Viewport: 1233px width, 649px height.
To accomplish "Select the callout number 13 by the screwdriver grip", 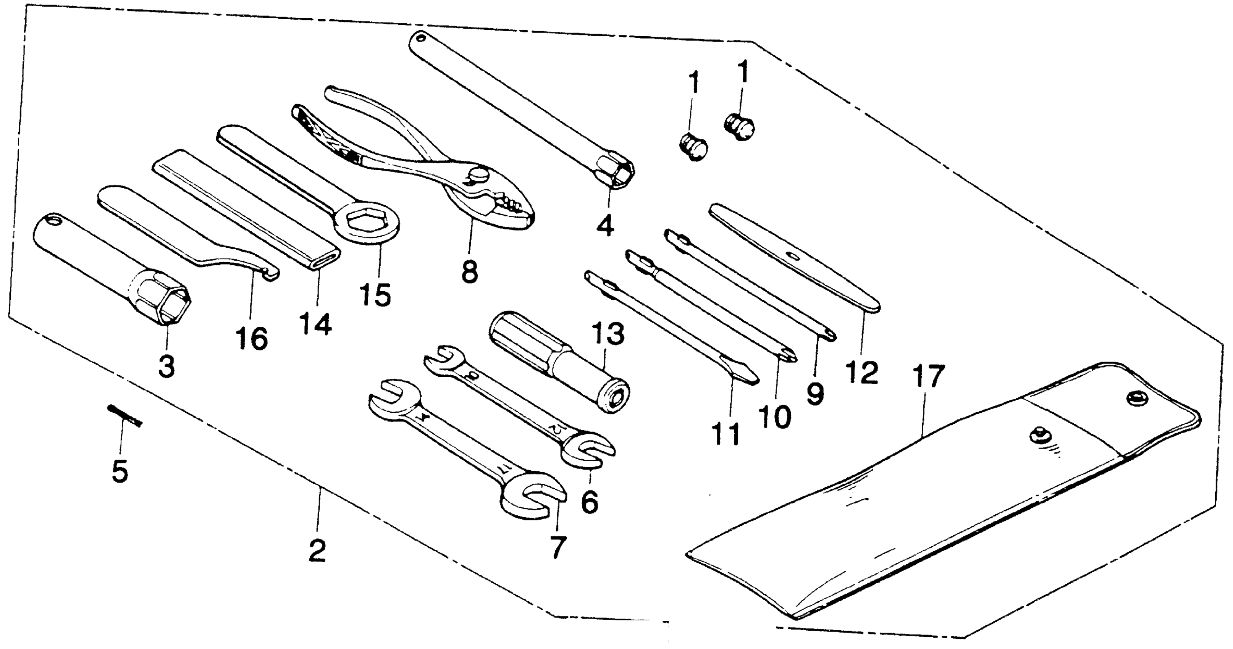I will click(608, 334).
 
